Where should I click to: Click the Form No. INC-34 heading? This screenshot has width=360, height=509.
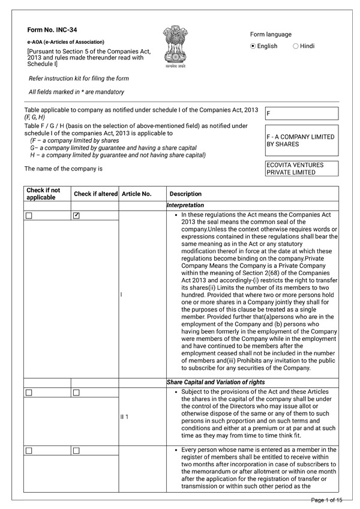pos(52,29)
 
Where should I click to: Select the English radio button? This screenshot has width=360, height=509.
pos(253,46)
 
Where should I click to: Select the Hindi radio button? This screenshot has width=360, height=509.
pos(296,46)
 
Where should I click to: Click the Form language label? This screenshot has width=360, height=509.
pos(271,35)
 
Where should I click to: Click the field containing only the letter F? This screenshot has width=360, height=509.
pos(301,113)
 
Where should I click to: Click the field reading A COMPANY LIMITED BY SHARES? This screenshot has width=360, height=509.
pos(301,140)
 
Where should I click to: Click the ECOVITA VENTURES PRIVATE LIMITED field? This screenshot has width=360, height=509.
pos(301,169)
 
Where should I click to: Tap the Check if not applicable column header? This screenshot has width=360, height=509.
pos(41,194)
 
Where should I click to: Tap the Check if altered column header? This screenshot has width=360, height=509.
pos(95,194)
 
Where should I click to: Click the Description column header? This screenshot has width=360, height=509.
pos(185,194)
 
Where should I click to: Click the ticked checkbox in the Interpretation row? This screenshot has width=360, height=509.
pos(76,215)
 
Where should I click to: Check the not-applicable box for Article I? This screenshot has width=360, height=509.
pos(29,215)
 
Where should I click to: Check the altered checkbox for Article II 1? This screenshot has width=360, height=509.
pos(76,393)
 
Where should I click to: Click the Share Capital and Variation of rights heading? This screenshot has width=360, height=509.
pos(215,382)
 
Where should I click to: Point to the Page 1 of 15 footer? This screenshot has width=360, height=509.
pos(326,500)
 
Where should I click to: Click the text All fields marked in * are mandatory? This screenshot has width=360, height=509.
pos(77,92)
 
